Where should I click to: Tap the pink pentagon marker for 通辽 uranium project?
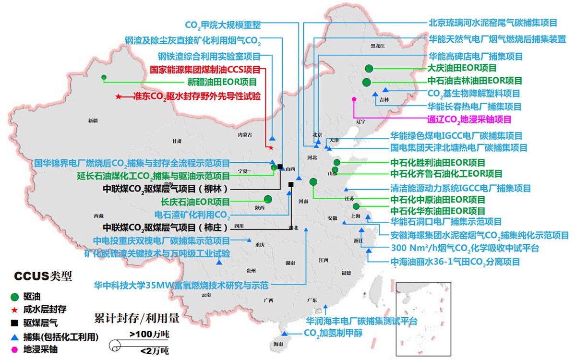tap(354, 98)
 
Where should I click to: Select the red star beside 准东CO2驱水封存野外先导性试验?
tap(118, 96)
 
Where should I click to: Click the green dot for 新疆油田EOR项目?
tap(104, 77)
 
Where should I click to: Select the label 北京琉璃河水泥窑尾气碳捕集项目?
tap(492, 23)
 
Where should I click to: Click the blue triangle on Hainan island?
tap(284, 334)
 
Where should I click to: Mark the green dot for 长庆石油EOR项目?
tap(268, 199)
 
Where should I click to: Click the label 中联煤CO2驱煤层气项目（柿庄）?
tap(166, 227)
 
